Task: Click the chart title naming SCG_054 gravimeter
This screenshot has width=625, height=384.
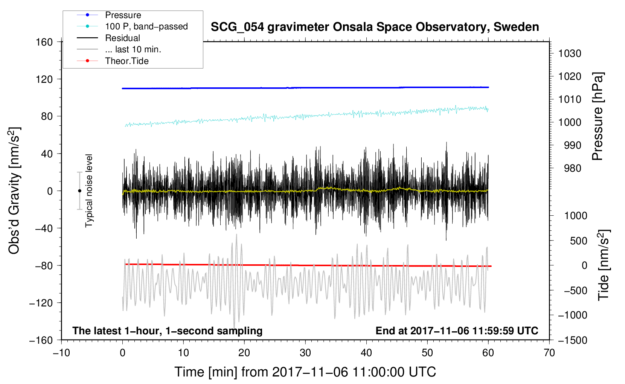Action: point(375,27)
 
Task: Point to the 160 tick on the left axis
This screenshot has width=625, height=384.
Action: point(44,42)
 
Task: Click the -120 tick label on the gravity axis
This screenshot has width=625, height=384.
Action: point(41,303)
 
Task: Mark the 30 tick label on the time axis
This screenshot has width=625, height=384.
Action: point(305,353)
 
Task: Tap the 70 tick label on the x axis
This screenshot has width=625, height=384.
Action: point(549,353)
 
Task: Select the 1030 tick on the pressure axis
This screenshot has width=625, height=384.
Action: point(570,53)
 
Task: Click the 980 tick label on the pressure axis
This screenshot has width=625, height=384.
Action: point(573,168)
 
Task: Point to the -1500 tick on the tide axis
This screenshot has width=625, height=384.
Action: point(573,340)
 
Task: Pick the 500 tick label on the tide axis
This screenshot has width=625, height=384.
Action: point(579,241)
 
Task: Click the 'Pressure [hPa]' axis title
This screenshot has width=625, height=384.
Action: point(598,116)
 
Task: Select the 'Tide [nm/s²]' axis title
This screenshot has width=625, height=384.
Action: point(604,265)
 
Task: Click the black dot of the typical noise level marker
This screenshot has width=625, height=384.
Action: point(79,191)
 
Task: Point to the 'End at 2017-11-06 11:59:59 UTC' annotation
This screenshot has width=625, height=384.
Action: point(457,331)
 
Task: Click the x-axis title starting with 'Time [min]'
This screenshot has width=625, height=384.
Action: point(305,372)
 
